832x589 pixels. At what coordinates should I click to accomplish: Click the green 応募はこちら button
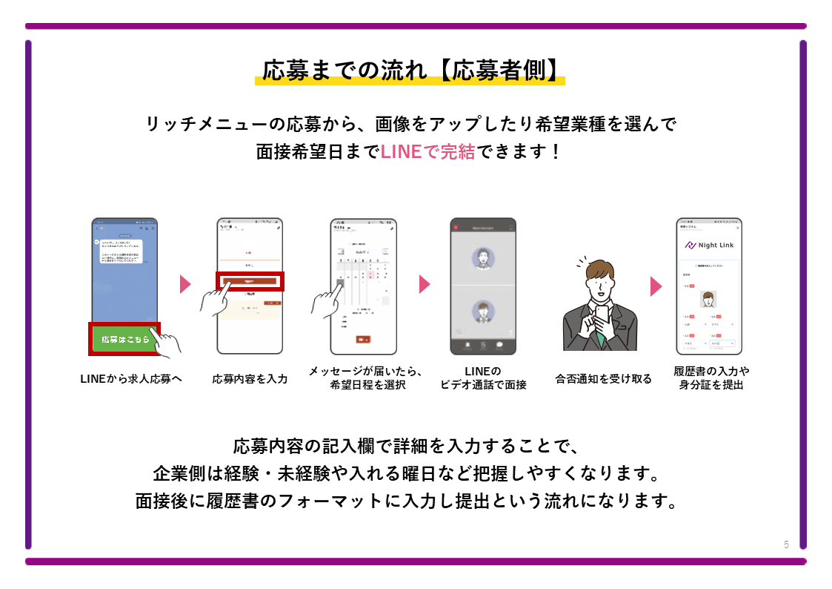tap(124, 339)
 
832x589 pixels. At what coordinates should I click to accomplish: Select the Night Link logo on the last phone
tap(708, 245)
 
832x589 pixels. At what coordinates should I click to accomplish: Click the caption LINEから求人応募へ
tap(131, 378)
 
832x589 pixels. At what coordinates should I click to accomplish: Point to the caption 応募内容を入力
tap(250, 378)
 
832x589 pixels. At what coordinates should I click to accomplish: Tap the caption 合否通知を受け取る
tap(604, 378)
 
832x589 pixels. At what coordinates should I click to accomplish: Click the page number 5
tap(786, 544)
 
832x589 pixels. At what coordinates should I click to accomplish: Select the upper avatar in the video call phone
tap(483, 257)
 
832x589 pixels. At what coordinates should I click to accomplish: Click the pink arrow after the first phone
tap(185, 284)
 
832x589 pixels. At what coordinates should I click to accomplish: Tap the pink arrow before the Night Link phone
tap(656, 286)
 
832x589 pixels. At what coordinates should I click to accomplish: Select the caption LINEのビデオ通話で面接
tap(483, 378)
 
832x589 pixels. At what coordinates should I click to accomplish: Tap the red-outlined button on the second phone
tap(250, 282)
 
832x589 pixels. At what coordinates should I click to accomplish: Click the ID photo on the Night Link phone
tap(708, 298)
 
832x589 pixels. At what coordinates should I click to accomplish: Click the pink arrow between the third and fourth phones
tap(425, 284)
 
